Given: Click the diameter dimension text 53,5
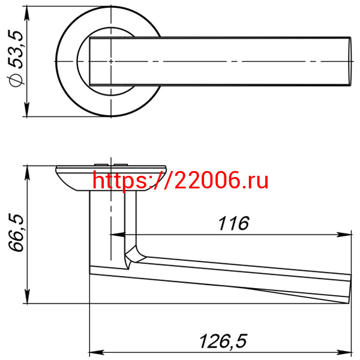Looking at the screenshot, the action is (16, 50).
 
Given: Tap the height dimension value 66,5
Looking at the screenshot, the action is (16, 233).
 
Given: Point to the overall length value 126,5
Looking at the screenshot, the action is (223, 341).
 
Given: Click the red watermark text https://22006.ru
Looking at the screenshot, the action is (181, 181).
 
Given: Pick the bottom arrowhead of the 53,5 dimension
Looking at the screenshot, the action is (27, 109).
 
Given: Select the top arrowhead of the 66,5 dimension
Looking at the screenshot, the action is (27, 173).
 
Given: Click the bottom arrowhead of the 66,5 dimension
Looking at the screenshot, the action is (27, 296).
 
